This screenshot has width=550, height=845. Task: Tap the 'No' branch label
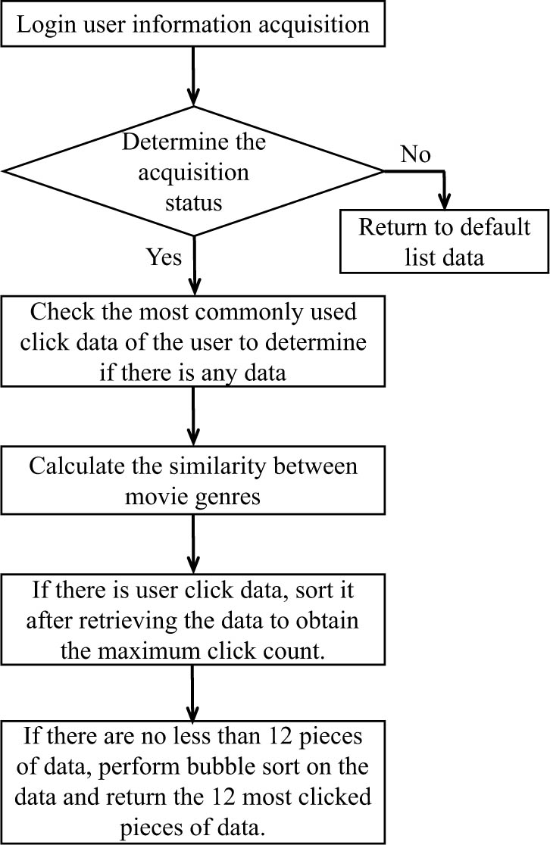click(414, 154)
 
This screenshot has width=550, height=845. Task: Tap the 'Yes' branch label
click(164, 257)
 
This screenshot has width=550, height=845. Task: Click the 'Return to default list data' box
click(444, 242)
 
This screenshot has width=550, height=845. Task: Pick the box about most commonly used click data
click(193, 341)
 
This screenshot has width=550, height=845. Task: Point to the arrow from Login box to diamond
click(194, 76)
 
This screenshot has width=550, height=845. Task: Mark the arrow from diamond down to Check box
click(194, 265)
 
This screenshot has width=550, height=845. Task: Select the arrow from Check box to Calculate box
click(194, 416)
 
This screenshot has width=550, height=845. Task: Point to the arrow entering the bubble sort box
click(194, 689)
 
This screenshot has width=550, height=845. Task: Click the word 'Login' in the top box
click(48, 24)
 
